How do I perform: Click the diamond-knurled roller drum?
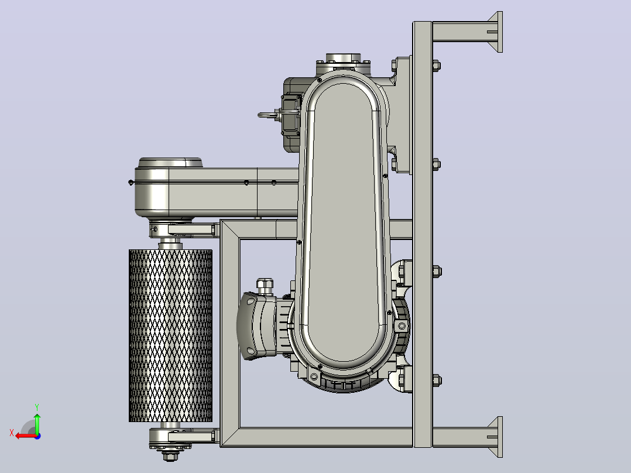click(170, 335)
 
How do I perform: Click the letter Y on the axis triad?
click(37, 407)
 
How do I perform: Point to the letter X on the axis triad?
click(12, 433)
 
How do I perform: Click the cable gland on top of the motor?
click(265, 286)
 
